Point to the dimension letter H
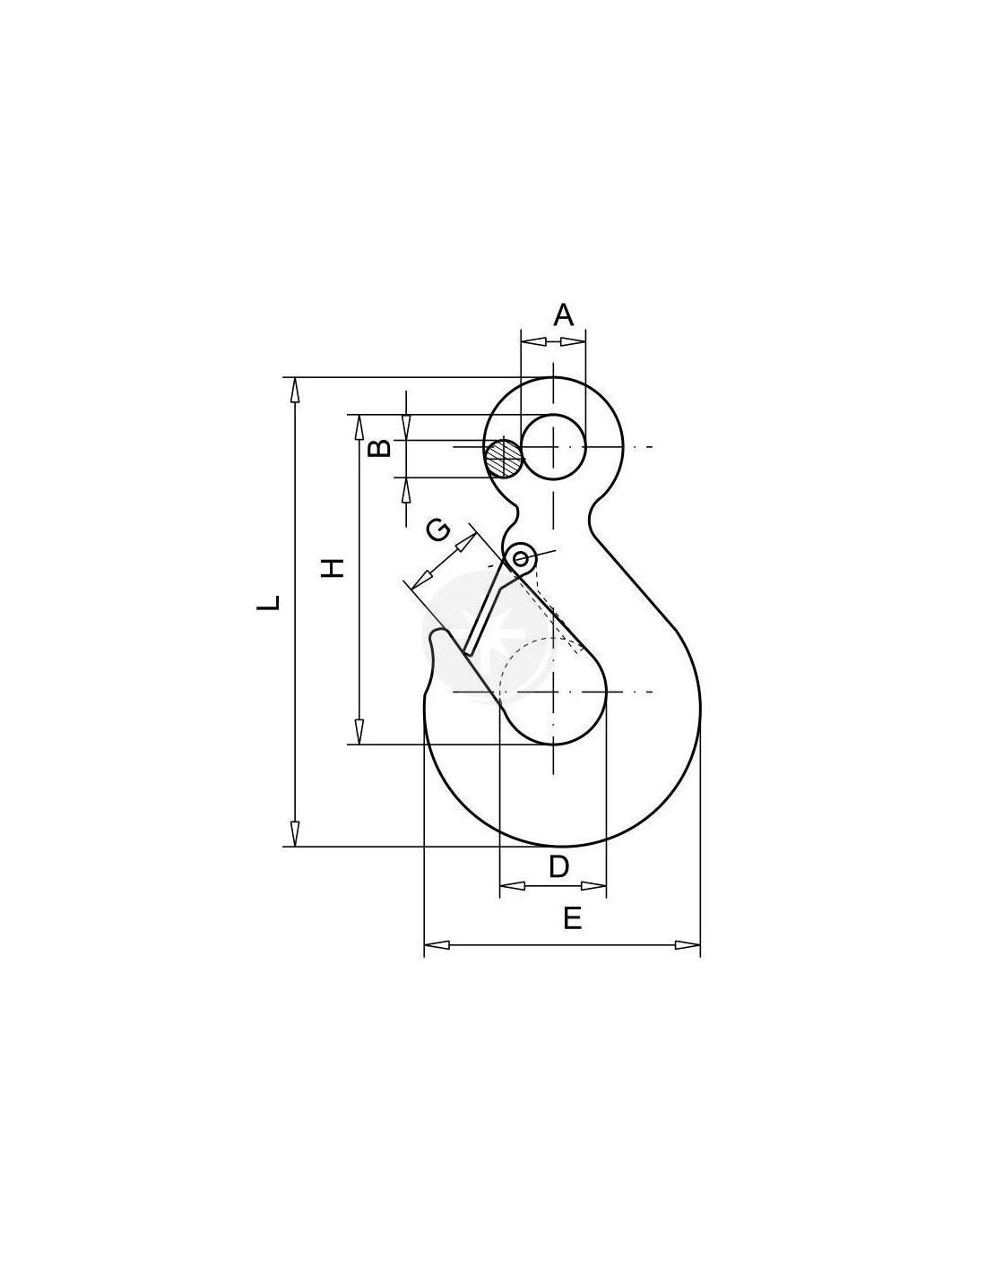(333, 568)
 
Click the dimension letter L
(268, 602)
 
